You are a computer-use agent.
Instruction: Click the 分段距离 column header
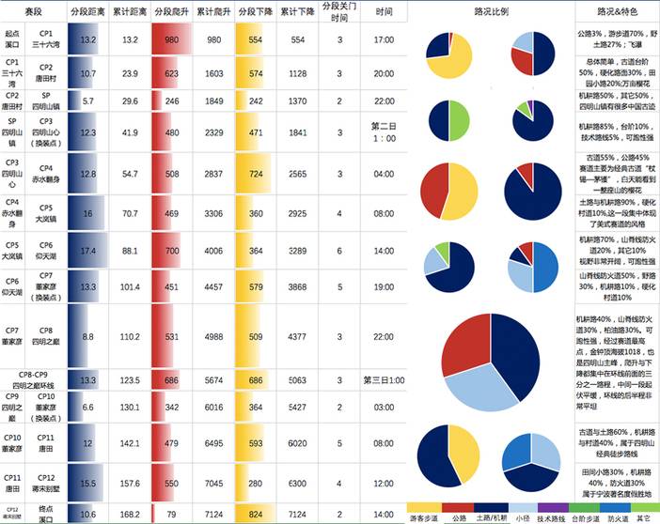coord(87,12)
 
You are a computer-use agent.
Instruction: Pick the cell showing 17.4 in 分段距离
coord(87,251)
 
